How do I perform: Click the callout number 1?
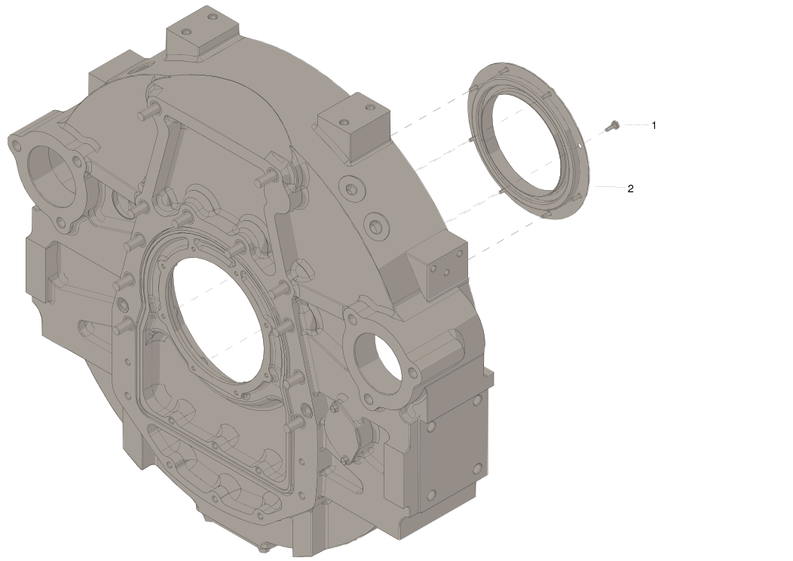(x=654, y=125)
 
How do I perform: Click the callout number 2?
(x=630, y=189)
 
